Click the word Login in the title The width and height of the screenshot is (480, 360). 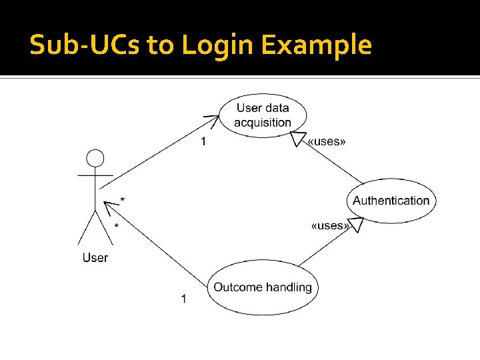click(217, 45)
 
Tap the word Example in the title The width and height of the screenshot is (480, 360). click(316, 45)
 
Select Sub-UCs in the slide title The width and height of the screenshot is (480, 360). click(85, 45)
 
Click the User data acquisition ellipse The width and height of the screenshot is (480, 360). click(263, 115)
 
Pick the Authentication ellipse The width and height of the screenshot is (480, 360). click(391, 201)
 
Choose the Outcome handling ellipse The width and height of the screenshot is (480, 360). click(263, 287)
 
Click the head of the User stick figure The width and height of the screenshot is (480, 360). click(96, 159)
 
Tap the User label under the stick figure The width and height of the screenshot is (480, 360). click(95, 257)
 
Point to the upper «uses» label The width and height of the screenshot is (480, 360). click(327, 141)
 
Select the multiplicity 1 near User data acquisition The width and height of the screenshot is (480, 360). click(204, 141)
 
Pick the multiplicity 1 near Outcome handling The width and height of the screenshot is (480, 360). click(184, 298)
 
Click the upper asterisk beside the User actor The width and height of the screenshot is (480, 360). click(122, 199)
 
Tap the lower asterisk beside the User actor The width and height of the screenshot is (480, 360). click(117, 227)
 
